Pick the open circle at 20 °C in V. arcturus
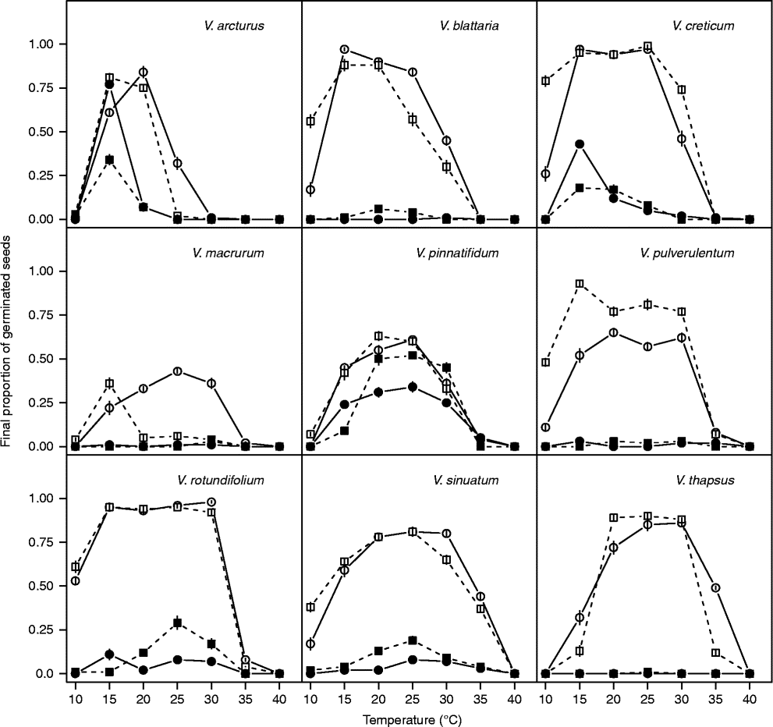143,72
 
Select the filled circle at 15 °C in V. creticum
580,144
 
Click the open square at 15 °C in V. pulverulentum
580,284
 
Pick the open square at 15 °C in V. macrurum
109,384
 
